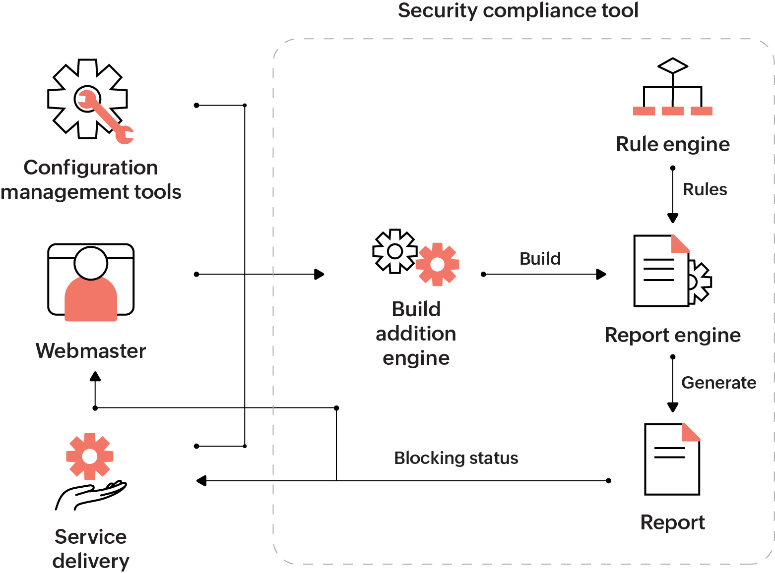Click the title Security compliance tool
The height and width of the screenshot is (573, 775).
(518, 10)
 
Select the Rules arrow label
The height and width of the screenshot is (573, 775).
(705, 189)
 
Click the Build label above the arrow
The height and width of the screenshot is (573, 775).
(540, 258)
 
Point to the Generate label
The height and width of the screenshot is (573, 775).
(718, 383)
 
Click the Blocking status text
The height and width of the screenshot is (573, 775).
(456, 458)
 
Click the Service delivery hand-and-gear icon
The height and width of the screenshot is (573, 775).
(90, 471)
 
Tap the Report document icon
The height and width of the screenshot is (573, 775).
(672, 459)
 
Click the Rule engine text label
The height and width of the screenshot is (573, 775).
(673, 144)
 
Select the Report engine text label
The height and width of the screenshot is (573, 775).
(672, 335)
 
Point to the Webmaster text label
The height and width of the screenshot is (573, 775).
(91, 351)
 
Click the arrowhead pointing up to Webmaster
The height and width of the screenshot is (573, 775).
(95, 376)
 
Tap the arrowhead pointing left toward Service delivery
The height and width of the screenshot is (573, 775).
(201, 481)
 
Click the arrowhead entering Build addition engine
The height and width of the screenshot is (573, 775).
(320, 274)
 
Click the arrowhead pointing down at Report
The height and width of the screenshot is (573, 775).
(673, 407)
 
